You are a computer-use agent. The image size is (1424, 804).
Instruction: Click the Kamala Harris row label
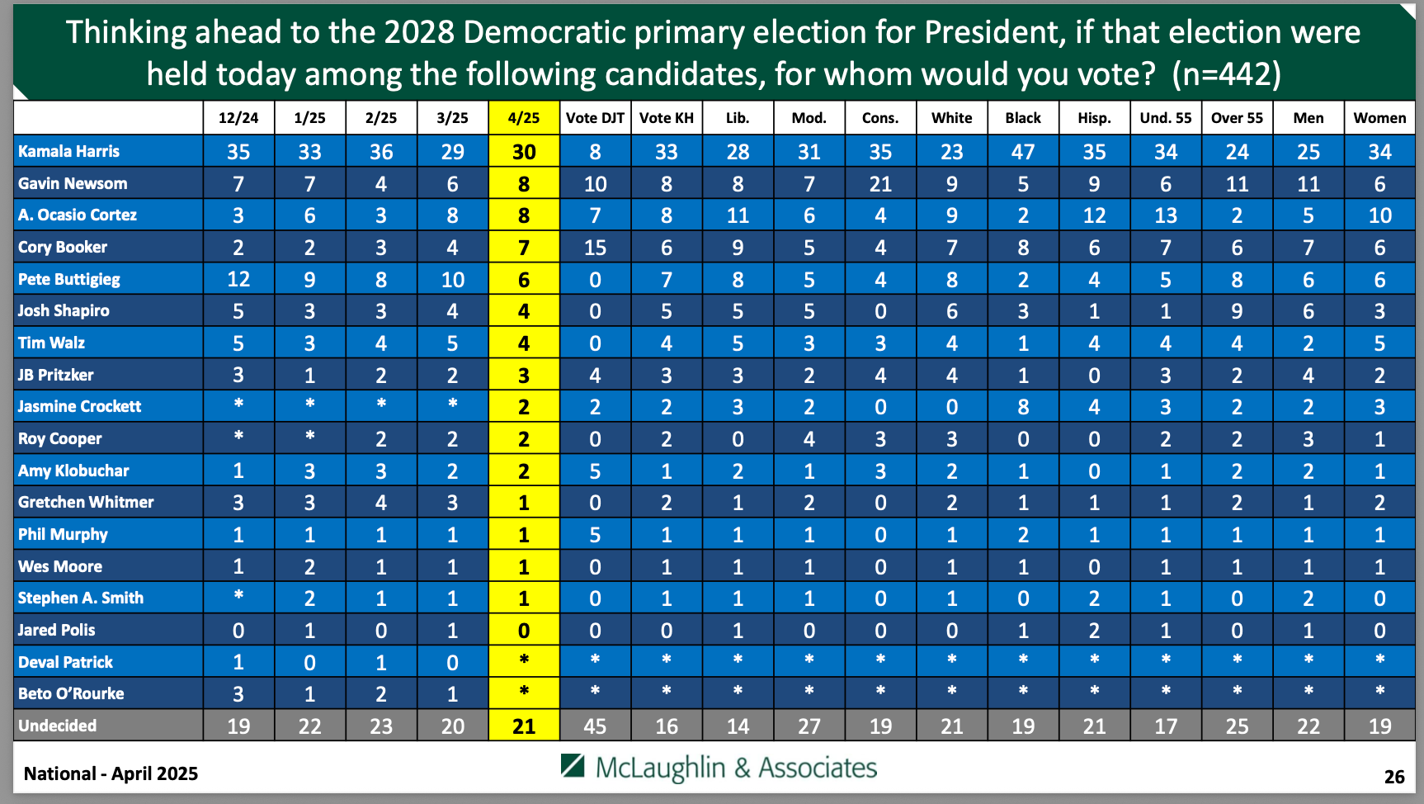[69, 151]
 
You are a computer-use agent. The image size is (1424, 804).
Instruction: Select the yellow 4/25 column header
[524, 118]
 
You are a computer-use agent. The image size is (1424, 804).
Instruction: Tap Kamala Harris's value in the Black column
[1023, 152]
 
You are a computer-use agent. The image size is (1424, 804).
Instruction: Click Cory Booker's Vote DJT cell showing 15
[595, 248]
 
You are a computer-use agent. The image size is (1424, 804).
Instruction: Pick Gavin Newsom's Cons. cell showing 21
[880, 184]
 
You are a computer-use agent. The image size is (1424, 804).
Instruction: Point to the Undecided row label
[58, 726]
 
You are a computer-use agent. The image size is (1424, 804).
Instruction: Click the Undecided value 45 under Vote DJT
[595, 726]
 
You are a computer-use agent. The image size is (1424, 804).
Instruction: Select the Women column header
[1379, 118]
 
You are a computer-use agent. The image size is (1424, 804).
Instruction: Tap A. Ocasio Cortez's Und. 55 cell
[1166, 215]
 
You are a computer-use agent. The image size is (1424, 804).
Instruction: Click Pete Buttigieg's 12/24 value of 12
[238, 279]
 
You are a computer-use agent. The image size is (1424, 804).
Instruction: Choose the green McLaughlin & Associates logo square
[573, 766]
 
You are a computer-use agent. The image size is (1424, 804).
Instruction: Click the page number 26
[1394, 777]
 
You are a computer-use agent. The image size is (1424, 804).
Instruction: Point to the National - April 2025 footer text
[111, 773]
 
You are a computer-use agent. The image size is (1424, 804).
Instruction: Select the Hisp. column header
[1094, 118]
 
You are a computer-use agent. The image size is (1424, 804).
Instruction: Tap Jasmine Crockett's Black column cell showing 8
[1023, 407]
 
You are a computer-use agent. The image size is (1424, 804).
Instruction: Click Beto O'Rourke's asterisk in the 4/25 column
[524, 692]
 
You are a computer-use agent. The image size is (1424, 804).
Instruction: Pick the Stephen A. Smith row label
[81, 598]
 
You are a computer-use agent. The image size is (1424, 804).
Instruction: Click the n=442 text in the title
[1226, 74]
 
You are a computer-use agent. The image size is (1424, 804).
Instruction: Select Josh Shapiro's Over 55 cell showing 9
[1237, 311]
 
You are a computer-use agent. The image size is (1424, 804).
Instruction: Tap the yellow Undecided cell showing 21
[524, 726]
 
